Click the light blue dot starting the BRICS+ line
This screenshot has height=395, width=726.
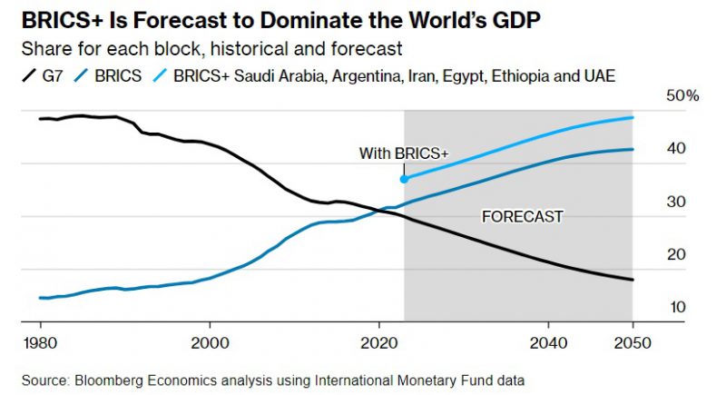[404, 179]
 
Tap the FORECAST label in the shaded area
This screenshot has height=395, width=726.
[522, 217]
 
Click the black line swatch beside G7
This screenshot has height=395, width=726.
[26, 77]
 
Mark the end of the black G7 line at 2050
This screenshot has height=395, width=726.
[633, 280]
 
